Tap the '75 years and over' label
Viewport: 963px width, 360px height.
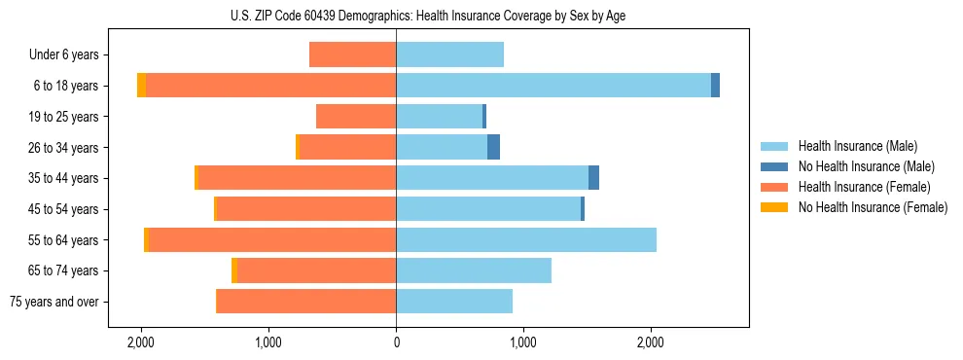click(53, 302)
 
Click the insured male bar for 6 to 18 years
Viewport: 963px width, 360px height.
click(553, 86)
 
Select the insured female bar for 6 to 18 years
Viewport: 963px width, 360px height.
click(270, 86)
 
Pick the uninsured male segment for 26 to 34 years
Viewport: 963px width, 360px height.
click(493, 147)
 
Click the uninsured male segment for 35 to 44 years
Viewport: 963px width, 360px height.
click(593, 178)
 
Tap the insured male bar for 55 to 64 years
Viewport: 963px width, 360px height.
click(526, 239)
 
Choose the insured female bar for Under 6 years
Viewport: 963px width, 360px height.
click(352, 54)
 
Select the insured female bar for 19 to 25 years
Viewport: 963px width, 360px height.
click(356, 117)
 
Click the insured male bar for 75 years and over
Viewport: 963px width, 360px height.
click(454, 302)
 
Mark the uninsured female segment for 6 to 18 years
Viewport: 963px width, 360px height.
click(142, 86)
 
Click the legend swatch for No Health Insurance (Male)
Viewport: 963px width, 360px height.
click(775, 166)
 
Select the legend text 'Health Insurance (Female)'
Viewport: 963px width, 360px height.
click(865, 187)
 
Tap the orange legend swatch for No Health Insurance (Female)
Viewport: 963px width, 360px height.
click(775, 207)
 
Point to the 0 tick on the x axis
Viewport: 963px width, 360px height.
click(396, 342)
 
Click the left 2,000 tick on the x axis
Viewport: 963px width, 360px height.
click(141, 342)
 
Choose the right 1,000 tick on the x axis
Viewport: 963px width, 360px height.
click(523, 342)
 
